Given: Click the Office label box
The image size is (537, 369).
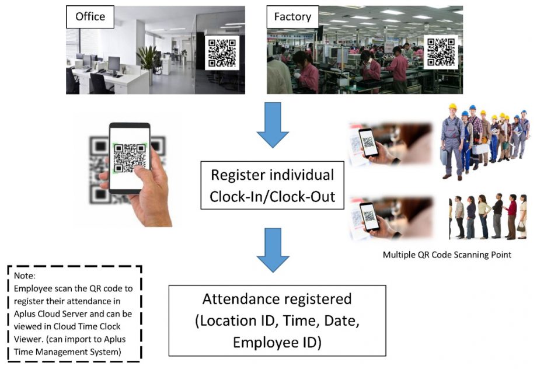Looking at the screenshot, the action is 90,17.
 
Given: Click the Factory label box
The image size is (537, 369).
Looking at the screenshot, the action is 292,17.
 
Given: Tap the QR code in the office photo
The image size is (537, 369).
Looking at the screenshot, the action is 222,53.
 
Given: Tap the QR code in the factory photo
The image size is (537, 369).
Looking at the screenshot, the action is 441,52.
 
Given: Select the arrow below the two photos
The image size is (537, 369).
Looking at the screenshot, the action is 273,125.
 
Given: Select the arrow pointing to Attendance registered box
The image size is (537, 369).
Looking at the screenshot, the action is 273,250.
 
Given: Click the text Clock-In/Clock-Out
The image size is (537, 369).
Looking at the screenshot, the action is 272,197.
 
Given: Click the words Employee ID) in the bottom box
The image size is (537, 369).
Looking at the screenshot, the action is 277,342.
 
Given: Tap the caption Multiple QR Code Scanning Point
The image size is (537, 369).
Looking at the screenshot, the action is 447,255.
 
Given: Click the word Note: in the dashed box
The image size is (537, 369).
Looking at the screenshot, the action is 25,276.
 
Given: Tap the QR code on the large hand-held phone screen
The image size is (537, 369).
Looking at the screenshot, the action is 130,158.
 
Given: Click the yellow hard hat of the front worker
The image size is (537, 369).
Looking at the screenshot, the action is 453,107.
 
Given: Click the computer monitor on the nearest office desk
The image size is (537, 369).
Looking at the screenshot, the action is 114,65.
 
